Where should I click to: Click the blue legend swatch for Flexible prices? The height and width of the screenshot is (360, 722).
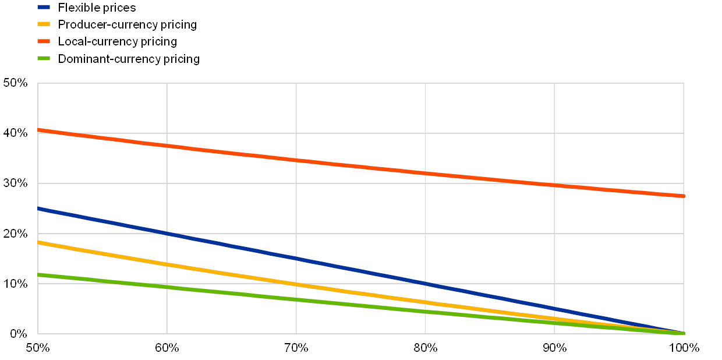click(44, 8)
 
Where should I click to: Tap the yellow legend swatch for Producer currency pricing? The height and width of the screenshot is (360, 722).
click(44, 24)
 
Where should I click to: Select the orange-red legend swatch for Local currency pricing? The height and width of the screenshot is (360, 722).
click(44, 41)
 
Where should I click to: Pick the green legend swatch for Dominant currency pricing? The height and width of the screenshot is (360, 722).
click(44, 58)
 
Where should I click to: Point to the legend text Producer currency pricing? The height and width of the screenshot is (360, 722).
click(128, 25)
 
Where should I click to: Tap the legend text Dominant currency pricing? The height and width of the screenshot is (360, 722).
click(130, 59)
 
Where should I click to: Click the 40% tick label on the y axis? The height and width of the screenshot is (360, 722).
click(16, 133)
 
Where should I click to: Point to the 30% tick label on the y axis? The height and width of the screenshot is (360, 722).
click(16, 183)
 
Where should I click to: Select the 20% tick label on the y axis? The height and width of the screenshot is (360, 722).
click(16, 234)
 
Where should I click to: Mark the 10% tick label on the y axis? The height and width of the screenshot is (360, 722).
click(16, 284)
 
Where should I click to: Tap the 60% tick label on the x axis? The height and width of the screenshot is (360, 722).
click(167, 348)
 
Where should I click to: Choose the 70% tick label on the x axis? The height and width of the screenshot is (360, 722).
click(296, 348)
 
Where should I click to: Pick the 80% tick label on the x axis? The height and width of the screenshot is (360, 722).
click(426, 348)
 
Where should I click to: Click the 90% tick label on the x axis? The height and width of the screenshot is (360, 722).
click(555, 348)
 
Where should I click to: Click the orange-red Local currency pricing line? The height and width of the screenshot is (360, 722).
click(361, 166)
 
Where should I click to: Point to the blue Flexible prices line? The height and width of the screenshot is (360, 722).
click(361, 271)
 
